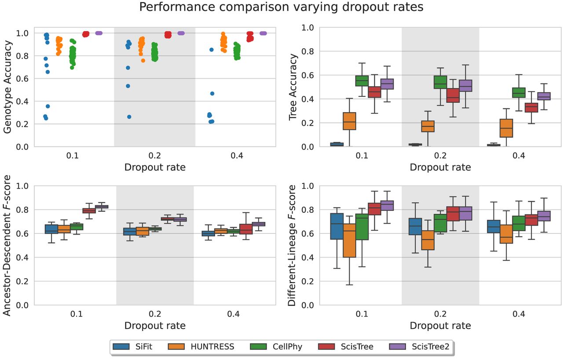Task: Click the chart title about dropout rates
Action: tap(281, 7)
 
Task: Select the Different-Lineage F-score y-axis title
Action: tap(293, 245)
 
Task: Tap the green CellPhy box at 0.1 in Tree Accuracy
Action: tap(362, 80)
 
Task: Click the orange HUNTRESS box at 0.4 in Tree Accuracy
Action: tap(506, 128)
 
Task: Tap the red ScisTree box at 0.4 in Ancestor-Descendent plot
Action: tap(246, 229)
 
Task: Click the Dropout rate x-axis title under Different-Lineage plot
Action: tap(440, 326)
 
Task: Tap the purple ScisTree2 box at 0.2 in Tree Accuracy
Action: tap(466, 86)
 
